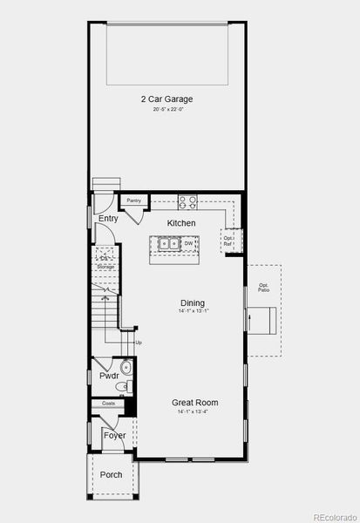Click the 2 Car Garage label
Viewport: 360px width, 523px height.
[166, 99]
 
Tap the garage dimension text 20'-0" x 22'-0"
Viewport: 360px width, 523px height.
[166, 110]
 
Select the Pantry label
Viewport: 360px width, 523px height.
[133, 200]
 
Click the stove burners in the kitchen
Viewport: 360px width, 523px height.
[187, 202]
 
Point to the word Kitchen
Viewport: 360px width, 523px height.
[181, 223]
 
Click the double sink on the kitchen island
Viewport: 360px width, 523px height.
[169, 245]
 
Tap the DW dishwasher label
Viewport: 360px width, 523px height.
[188, 245]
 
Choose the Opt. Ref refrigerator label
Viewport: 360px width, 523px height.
[228, 241]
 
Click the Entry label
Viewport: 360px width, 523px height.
[108, 219]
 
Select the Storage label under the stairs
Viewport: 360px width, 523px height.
[105, 266]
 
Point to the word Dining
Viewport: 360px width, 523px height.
[193, 302]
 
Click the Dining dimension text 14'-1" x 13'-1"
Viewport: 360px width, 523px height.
[193, 311]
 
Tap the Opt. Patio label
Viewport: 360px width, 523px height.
[263, 287]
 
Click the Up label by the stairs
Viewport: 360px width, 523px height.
[138, 342]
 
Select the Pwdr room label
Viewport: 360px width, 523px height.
[108, 376]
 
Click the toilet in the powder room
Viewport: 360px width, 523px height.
[126, 368]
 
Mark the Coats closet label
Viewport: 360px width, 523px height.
[108, 404]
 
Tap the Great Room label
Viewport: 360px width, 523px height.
[194, 403]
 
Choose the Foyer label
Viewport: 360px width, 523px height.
[114, 435]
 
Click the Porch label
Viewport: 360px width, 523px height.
[112, 475]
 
